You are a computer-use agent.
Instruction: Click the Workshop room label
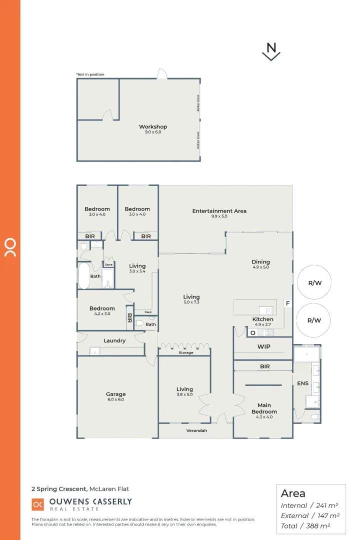153,127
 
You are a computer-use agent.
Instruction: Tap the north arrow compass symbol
271,51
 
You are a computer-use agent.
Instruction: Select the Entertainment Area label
219,211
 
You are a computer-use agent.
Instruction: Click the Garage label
115,394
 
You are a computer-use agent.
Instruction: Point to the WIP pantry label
264,346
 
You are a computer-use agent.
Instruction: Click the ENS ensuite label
303,384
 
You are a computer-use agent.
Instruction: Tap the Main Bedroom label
264,408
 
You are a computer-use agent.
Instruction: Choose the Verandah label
196,430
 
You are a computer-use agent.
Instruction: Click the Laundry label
114,340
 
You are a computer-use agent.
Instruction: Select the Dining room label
260,261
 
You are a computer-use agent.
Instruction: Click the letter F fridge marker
287,303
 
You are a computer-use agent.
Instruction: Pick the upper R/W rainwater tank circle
314,282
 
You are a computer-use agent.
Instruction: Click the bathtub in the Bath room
83,276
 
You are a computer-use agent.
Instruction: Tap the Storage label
185,352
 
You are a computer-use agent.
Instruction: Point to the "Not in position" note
90,74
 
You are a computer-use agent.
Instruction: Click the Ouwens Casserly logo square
38,505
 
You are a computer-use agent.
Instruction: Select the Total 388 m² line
310,525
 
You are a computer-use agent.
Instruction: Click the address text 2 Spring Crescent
59,489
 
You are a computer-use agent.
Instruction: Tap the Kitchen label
262,319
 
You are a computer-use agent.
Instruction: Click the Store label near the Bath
108,264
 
